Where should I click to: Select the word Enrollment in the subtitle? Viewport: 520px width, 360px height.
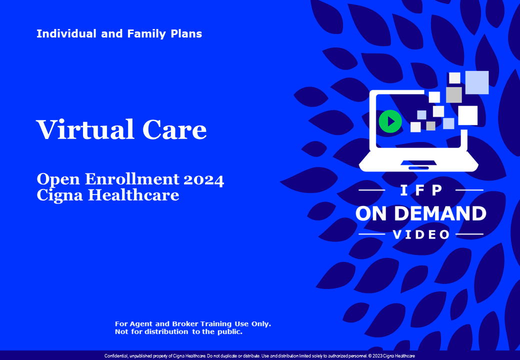click(x=132, y=179)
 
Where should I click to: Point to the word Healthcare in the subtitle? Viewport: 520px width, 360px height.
click(x=133, y=195)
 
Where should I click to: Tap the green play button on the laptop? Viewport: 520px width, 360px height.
click(x=390, y=121)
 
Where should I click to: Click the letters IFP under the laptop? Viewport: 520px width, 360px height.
click(x=421, y=190)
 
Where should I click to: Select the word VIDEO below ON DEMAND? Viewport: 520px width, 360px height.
click(x=421, y=234)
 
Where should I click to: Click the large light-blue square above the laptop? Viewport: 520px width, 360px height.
click(x=476, y=82)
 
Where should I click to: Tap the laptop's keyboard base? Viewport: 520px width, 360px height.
click(x=418, y=162)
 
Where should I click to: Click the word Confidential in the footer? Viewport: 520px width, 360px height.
click(x=116, y=356)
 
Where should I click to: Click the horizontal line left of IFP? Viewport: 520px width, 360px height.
click(x=372, y=190)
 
